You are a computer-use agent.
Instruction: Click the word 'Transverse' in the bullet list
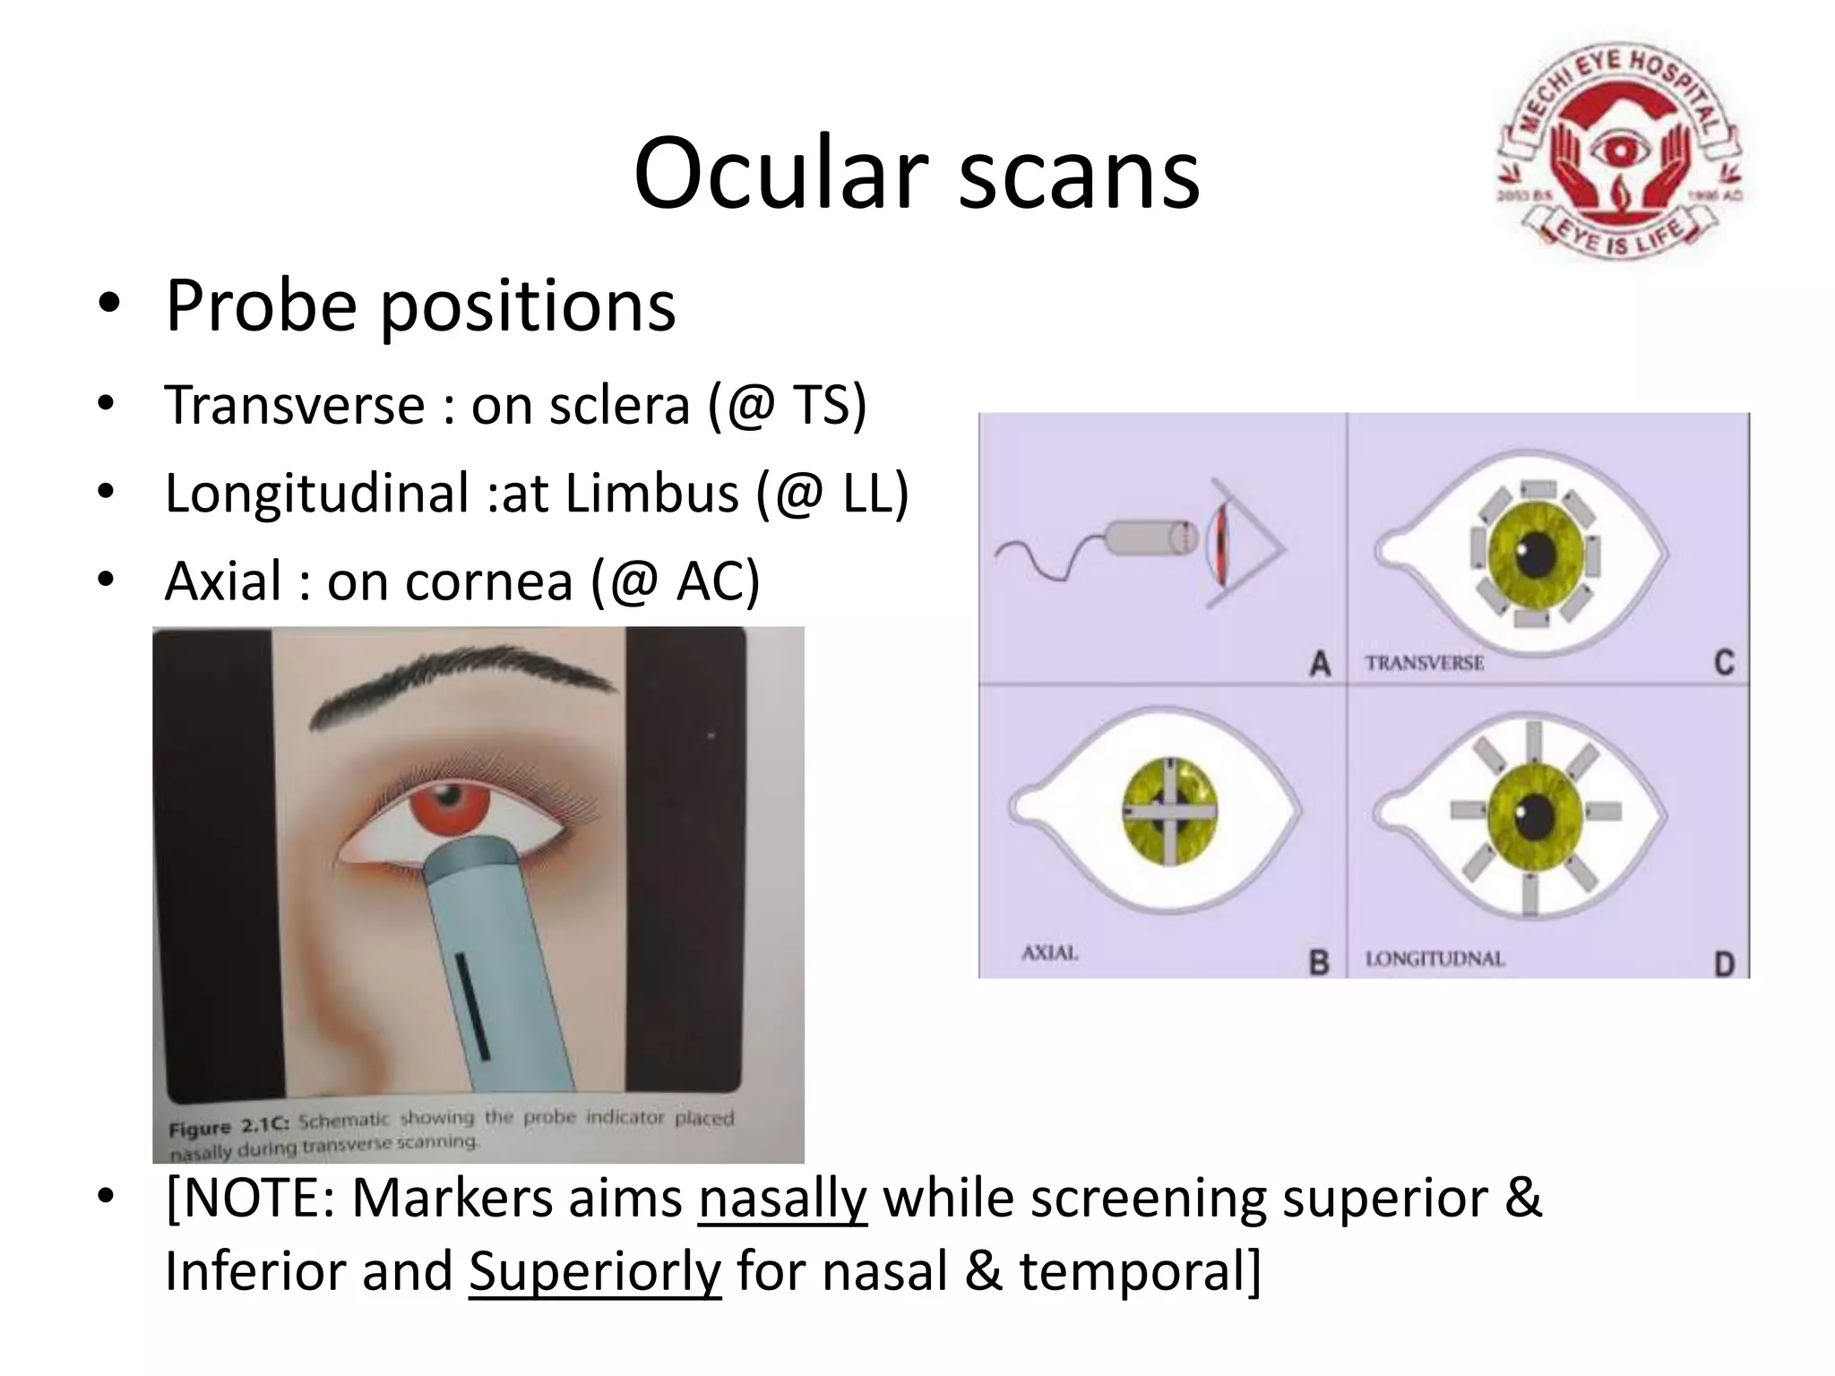click(294, 405)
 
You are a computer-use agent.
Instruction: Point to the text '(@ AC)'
click(675, 580)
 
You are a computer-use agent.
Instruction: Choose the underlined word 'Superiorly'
click(594, 1271)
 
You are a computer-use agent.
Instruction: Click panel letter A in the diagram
click(1319, 664)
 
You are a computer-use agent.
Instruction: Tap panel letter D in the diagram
click(1724, 964)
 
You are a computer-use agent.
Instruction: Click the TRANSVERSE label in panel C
click(1424, 664)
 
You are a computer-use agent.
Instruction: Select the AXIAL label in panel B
click(1049, 953)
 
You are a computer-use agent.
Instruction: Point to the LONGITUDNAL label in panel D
click(1434, 959)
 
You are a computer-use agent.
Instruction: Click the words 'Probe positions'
click(420, 305)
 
